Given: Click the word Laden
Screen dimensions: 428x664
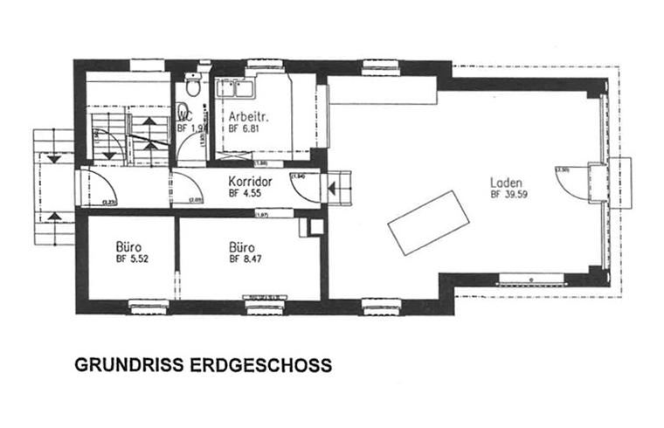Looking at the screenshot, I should pyautogui.click(x=506, y=183).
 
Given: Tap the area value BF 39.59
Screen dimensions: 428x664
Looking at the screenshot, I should pyautogui.click(x=510, y=195).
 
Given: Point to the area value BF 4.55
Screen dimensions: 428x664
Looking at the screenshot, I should pyautogui.click(x=246, y=194).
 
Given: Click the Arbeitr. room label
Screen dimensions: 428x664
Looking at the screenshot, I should pyautogui.click(x=248, y=116).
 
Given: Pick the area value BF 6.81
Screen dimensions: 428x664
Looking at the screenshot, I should pyautogui.click(x=246, y=128).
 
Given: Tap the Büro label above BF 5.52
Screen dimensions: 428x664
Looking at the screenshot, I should pyautogui.click(x=128, y=247).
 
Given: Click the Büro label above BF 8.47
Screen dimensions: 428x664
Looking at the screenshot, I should pyautogui.click(x=242, y=247).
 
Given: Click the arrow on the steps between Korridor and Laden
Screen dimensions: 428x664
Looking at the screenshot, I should pyautogui.click(x=333, y=184).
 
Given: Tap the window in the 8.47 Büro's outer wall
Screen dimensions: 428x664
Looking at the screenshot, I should pyautogui.click(x=259, y=305).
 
